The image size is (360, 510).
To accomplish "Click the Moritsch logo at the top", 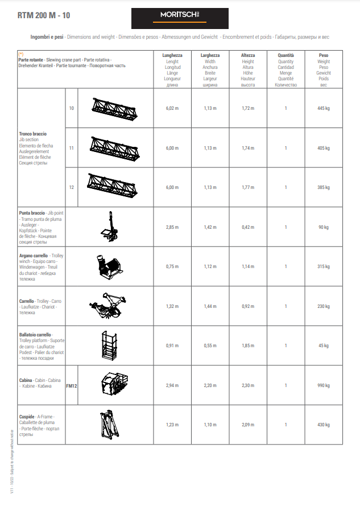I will [180, 18].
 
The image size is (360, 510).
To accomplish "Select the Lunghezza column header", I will [172, 55].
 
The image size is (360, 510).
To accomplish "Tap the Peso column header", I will [324, 55].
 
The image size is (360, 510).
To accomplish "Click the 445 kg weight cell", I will [324, 108].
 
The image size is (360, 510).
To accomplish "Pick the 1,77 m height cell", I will [248, 187].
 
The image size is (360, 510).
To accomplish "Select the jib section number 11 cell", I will [72, 147].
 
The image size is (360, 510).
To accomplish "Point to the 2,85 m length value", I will [172, 227].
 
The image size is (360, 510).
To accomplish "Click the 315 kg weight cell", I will [324, 266].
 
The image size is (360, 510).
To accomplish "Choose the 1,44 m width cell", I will [210, 306].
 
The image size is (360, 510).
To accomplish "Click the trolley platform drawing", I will [108, 345].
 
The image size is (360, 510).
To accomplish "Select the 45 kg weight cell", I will [324, 346].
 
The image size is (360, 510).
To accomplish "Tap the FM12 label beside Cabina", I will [72, 385].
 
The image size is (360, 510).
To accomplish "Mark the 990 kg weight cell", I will [324, 385].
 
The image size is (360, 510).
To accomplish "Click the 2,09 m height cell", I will [248, 425].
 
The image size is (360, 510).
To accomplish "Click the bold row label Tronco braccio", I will [33, 134].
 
